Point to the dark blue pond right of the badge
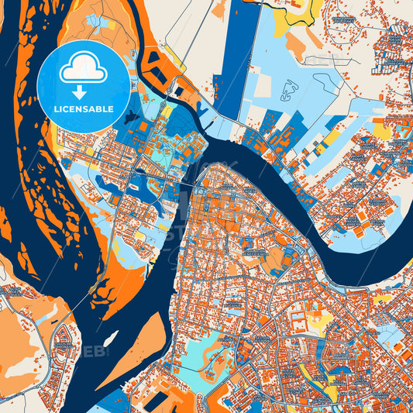181,91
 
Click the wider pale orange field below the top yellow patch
298,47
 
